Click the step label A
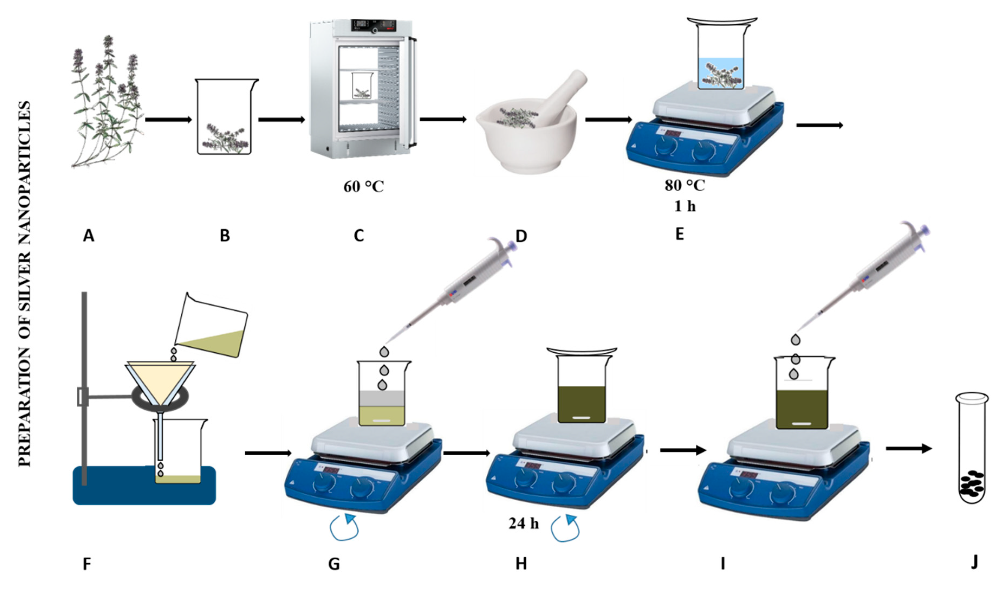(x=88, y=236)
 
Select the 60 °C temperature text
(x=363, y=186)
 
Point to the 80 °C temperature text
(x=684, y=185)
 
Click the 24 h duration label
(x=523, y=523)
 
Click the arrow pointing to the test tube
(x=908, y=449)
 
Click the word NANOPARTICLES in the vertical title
(x=25, y=171)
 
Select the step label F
(x=87, y=564)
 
